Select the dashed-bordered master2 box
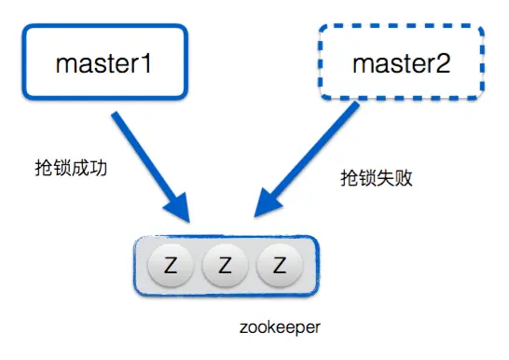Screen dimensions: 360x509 coord(401,62)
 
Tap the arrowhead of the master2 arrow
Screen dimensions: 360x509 coord(266,211)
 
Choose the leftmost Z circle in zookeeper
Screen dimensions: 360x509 coord(171,266)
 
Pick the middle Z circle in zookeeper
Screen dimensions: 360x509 coord(225,266)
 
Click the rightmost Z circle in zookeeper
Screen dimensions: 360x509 coord(279,266)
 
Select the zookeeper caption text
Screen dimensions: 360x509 coord(279,328)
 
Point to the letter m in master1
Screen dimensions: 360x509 coord(65,64)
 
